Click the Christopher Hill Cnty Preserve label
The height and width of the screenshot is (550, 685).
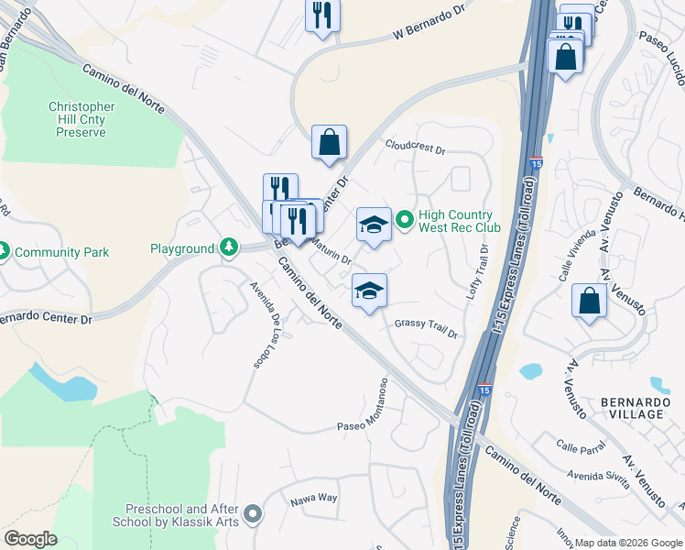pyautogui.click(x=82, y=119)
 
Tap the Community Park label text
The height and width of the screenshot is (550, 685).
pyautogui.click(x=62, y=252)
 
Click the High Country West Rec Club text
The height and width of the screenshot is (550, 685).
pyautogui.click(x=460, y=221)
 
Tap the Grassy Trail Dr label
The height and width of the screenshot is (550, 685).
pyautogui.click(x=426, y=328)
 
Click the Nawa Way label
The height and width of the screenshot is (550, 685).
pyautogui.click(x=314, y=499)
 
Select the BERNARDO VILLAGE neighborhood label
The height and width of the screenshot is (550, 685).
pyautogui.click(x=633, y=408)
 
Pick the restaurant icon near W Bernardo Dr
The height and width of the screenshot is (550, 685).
pyautogui.click(x=321, y=15)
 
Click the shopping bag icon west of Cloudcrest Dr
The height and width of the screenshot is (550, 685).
pyautogui.click(x=329, y=142)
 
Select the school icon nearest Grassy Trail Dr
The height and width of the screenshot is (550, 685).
pyautogui.click(x=369, y=291)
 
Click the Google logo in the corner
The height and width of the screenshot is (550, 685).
pyautogui.click(x=30, y=538)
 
